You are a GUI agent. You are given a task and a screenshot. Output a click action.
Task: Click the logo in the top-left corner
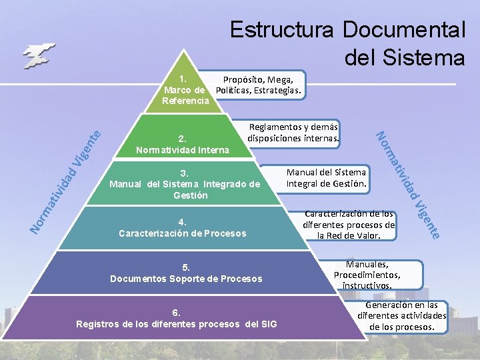click(x=38, y=55)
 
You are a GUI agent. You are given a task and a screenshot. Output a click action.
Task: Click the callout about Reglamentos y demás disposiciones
click(x=293, y=133)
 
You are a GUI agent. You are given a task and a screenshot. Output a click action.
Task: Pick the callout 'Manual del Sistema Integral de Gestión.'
click(x=326, y=178)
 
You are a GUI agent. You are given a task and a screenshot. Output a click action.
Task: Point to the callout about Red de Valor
click(x=349, y=225)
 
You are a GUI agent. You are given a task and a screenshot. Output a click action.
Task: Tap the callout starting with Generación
click(x=402, y=316)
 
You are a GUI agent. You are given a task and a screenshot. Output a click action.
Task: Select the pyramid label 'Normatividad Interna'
click(x=182, y=150)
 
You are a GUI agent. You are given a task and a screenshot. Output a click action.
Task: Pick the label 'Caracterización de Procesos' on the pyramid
click(x=182, y=233)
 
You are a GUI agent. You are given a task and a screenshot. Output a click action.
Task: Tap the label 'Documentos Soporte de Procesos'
click(x=186, y=278)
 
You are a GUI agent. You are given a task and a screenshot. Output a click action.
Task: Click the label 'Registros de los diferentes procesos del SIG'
click(x=177, y=324)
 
